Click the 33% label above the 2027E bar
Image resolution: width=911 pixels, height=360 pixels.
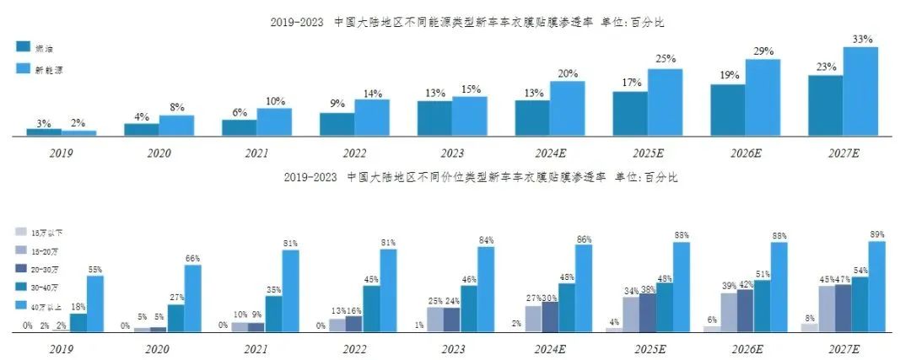coord(861,40)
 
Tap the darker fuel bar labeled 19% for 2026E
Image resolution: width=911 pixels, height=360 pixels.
coord(727,110)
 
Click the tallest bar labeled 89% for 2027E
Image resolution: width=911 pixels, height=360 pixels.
coord(876,287)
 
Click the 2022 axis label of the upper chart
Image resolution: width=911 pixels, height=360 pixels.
coord(353,153)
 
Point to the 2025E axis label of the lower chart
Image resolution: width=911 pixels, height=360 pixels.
coord(647,348)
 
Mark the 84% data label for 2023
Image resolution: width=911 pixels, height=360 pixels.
coord(486,240)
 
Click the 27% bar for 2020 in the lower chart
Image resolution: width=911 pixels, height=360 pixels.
coord(176,318)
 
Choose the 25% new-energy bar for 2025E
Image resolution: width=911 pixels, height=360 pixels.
coord(665,102)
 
